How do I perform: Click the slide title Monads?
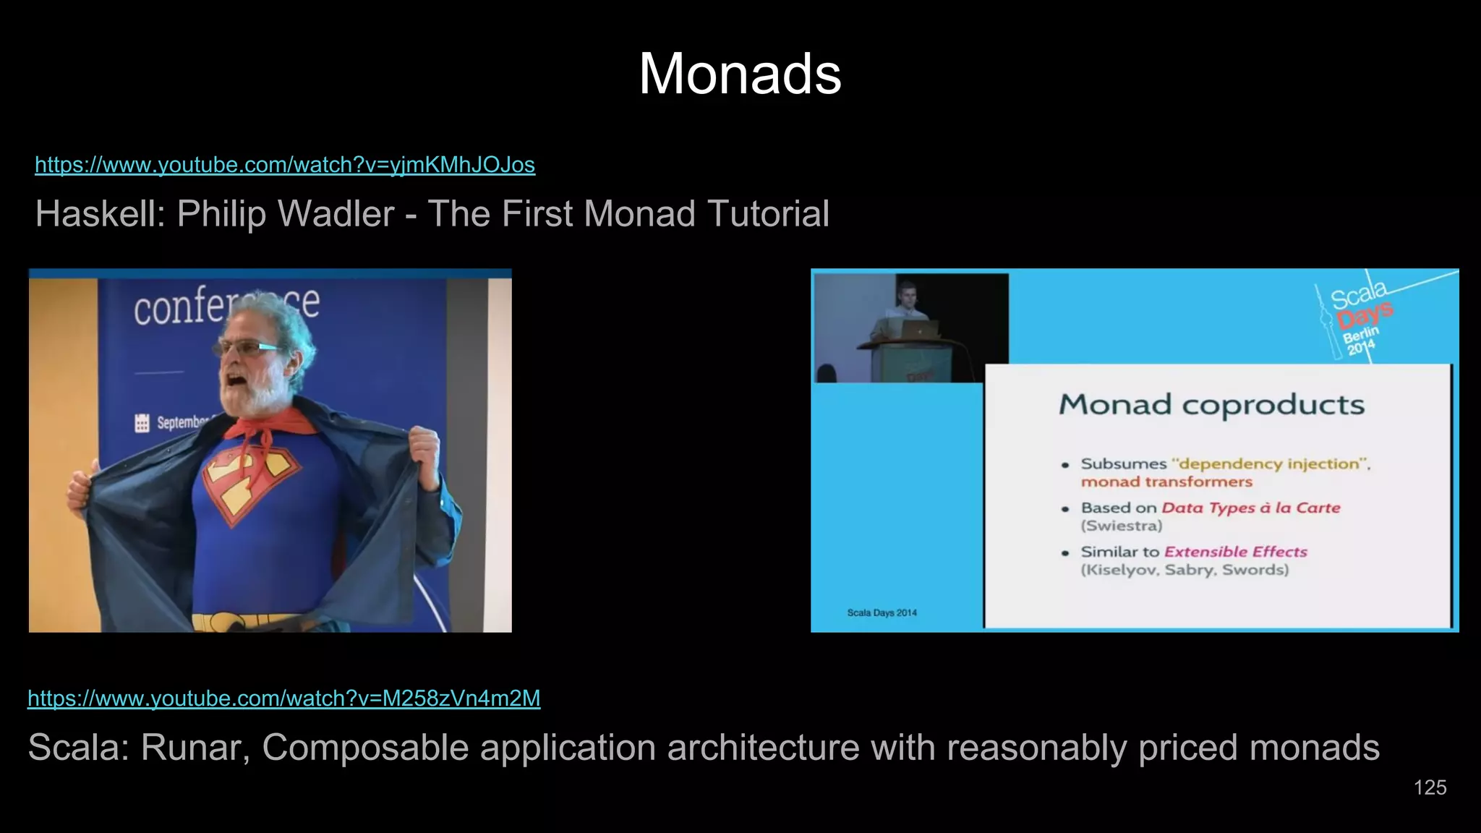click(x=740, y=74)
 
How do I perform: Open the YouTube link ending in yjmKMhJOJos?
click(x=285, y=165)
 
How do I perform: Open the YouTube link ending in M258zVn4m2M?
click(x=283, y=699)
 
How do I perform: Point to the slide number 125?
click(x=1430, y=787)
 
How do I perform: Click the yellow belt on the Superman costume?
click(x=246, y=622)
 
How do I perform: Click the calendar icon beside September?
click(x=142, y=422)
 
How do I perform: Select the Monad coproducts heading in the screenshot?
click(x=1211, y=405)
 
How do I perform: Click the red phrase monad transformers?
click(x=1166, y=482)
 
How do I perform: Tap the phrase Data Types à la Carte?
click(x=1250, y=508)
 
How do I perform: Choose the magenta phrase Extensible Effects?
click(x=1235, y=552)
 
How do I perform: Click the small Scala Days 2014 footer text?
click(x=882, y=612)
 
